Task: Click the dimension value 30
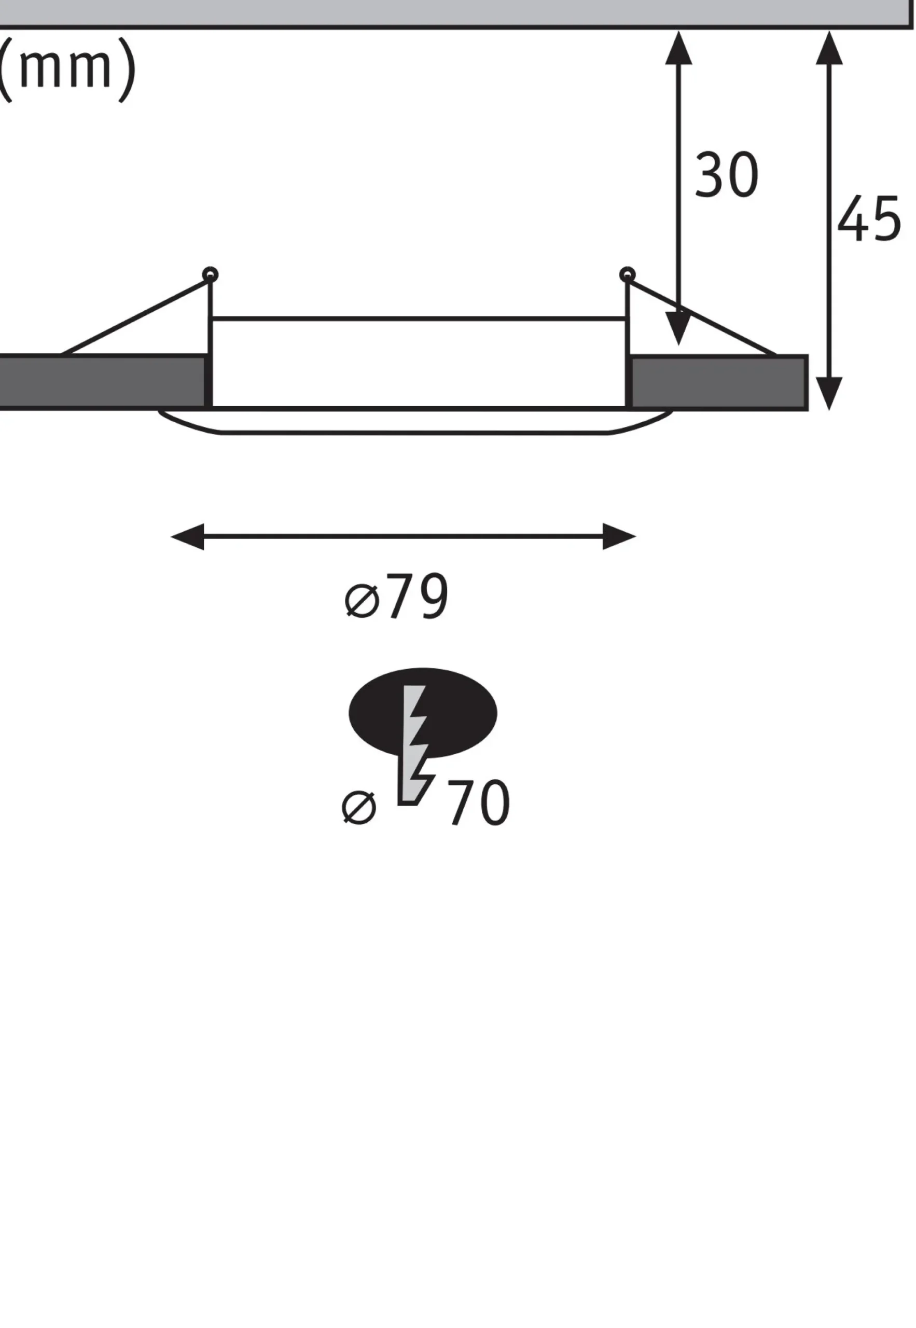(727, 175)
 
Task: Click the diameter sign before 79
(363, 601)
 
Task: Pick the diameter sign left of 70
(359, 808)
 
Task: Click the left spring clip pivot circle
(210, 274)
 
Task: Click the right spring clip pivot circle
(627, 274)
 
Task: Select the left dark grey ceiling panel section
(102, 382)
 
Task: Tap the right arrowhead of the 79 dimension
(619, 536)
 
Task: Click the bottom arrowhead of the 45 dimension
(829, 394)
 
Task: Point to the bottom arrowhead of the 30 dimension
(679, 328)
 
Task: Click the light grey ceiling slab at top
(456, 13)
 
